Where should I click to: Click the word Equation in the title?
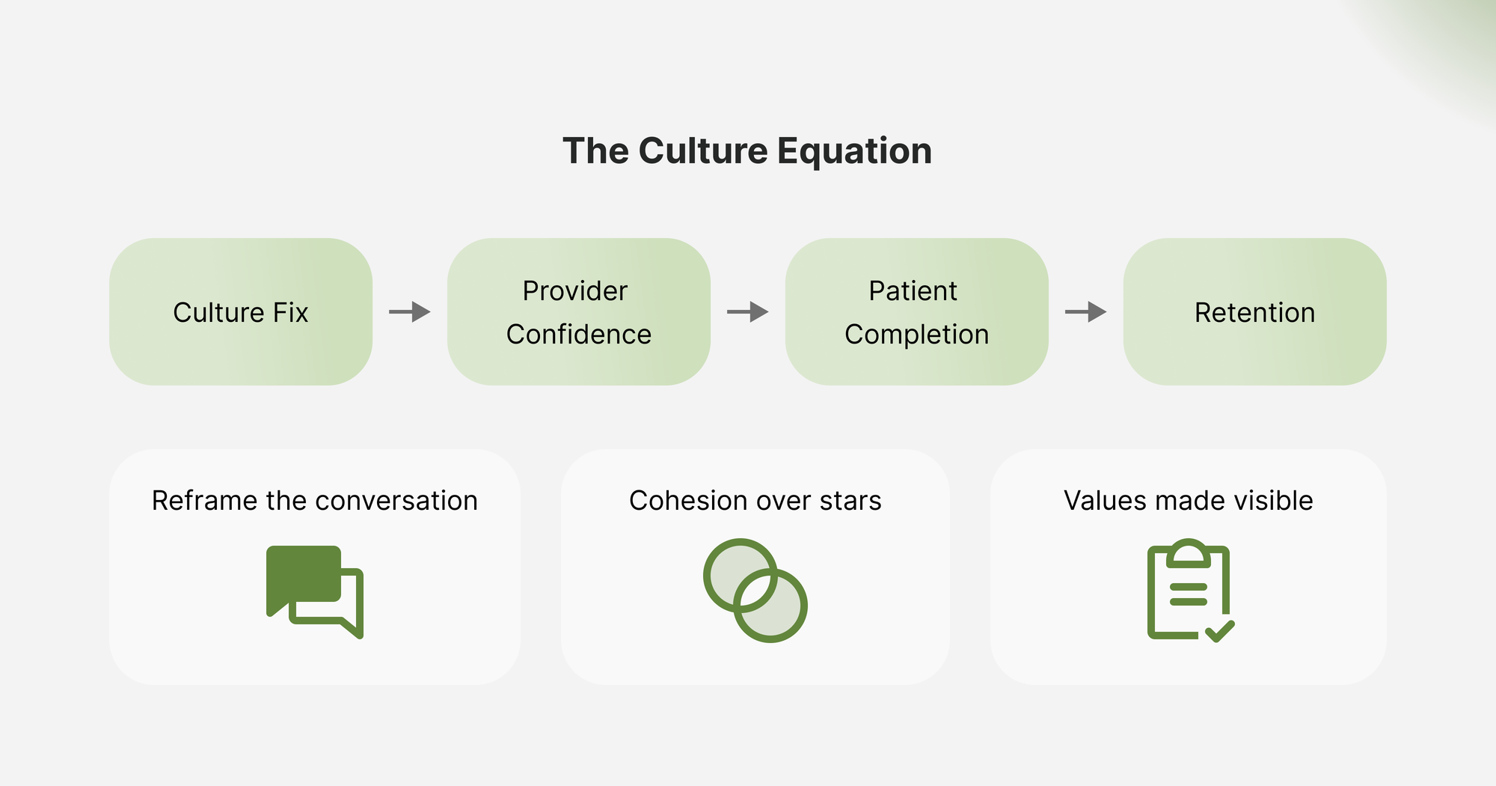[854, 151]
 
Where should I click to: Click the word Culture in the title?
[702, 151]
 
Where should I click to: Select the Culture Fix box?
[240, 312]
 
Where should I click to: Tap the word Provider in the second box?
[574, 290]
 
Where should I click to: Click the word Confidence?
[578, 335]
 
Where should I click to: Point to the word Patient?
[913, 290]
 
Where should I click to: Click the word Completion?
[916, 335]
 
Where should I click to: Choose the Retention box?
[1254, 312]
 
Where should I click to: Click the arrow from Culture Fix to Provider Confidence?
[410, 311]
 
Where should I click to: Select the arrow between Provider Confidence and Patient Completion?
[748, 311]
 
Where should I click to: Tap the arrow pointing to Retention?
[1086, 311]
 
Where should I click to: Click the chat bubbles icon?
[314, 591]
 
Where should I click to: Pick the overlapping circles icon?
[755, 590]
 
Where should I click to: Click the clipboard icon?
[1187, 590]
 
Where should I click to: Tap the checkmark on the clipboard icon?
[1220, 631]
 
